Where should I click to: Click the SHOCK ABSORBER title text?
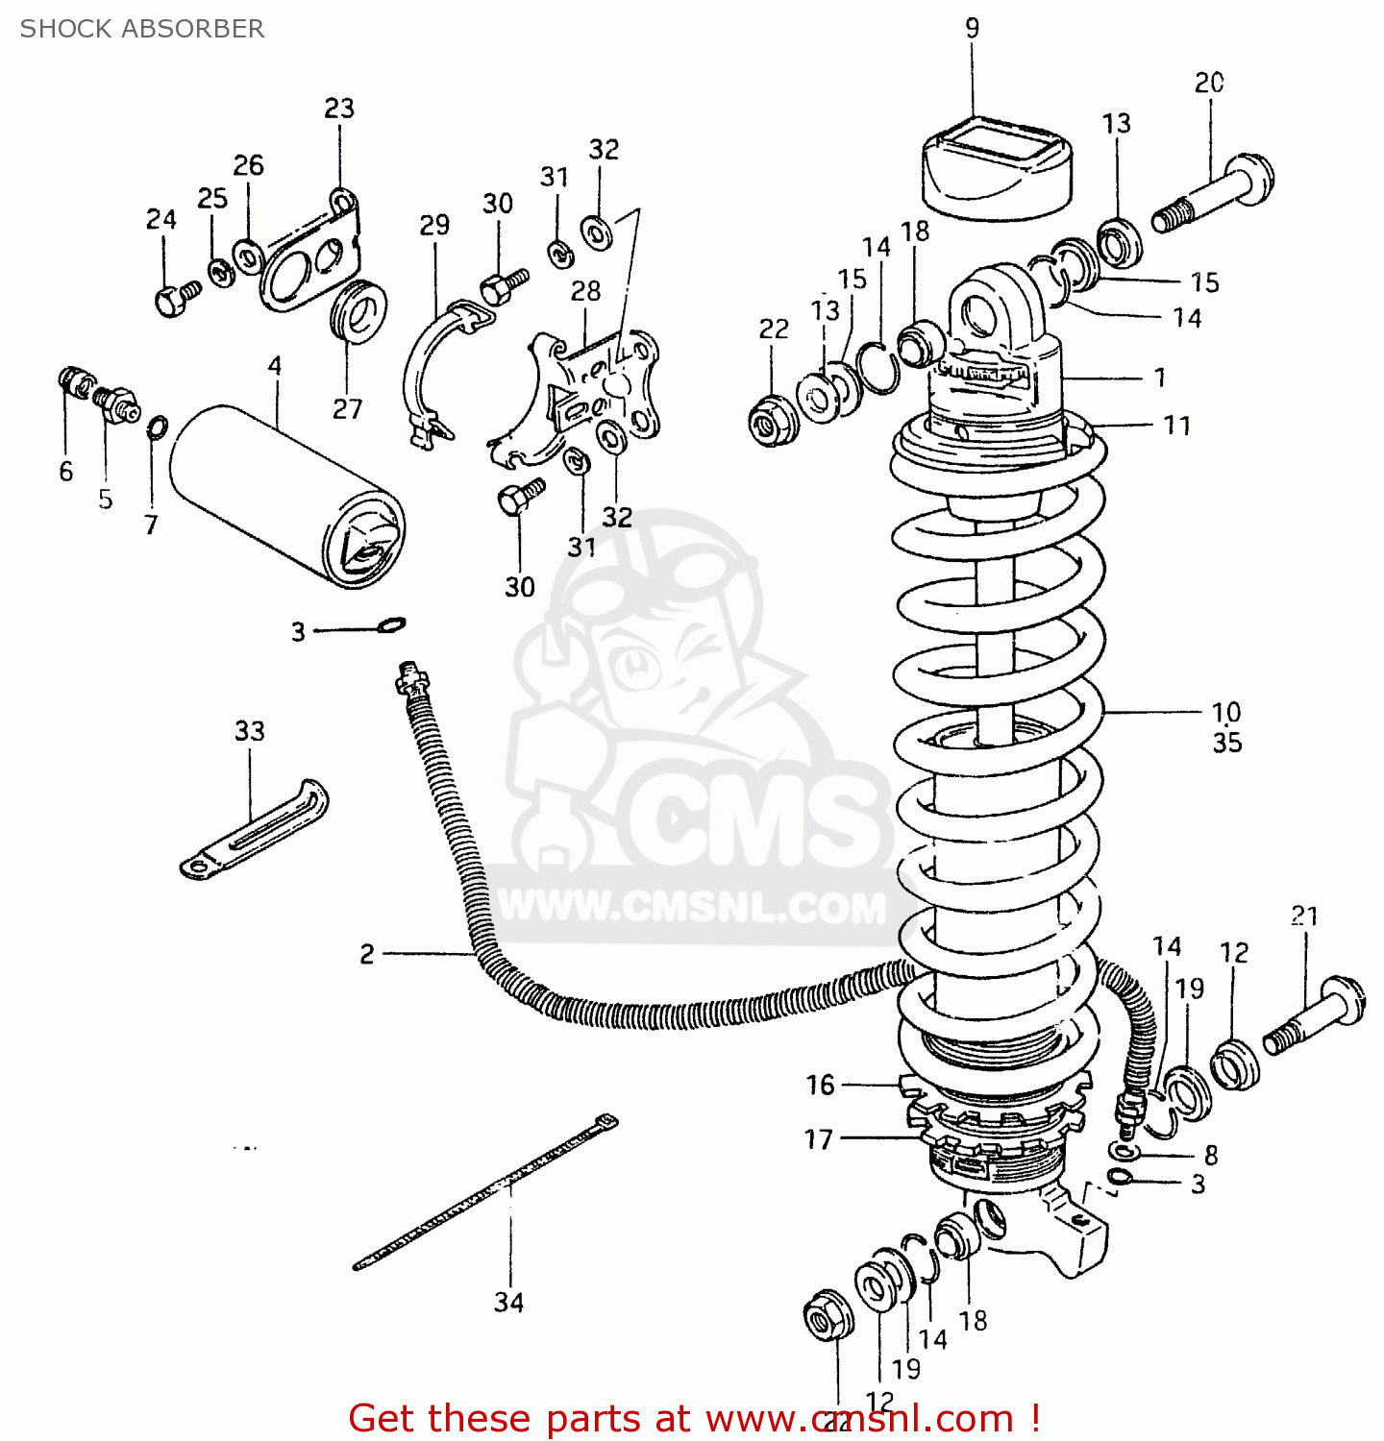click(x=142, y=29)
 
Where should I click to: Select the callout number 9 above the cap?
click(x=972, y=28)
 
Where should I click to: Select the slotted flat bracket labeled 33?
click(x=255, y=831)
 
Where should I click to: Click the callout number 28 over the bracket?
click(x=585, y=291)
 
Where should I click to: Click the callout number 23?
click(x=338, y=108)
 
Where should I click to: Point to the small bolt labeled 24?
click(x=174, y=299)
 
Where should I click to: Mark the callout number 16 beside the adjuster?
click(x=820, y=1085)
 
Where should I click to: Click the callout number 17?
click(x=818, y=1139)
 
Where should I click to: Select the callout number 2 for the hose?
click(x=366, y=954)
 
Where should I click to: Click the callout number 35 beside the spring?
click(x=1226, y=743)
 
